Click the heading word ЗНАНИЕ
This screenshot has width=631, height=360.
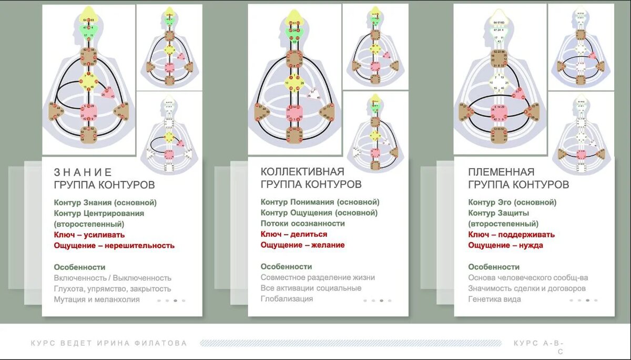coord(83,172)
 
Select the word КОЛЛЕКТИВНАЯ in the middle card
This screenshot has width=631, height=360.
coord(302,172)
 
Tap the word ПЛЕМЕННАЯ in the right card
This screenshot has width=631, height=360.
coord(501,172)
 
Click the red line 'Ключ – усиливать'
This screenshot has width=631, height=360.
coord(89,235)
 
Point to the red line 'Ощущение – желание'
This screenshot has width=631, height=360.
coord(302,245)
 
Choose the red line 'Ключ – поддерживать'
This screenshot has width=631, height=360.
coord(511,234)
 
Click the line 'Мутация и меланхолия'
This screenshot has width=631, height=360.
coord(97,299)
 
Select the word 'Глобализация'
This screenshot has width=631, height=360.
coord(287,299)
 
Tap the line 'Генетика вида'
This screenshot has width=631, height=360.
coord(494,299)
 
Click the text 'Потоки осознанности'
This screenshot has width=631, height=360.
coord(302,223)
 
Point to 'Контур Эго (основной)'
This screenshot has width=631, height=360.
coord(512,202)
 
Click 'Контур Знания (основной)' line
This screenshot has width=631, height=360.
coord(105,202)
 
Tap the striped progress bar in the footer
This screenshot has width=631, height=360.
coord(351,344)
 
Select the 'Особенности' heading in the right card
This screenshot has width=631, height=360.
coord(494,266)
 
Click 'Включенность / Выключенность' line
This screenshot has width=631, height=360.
coord(113,278)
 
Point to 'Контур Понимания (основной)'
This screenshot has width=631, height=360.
coord(320,202)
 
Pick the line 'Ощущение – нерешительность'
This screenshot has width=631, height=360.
coord(114,245)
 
